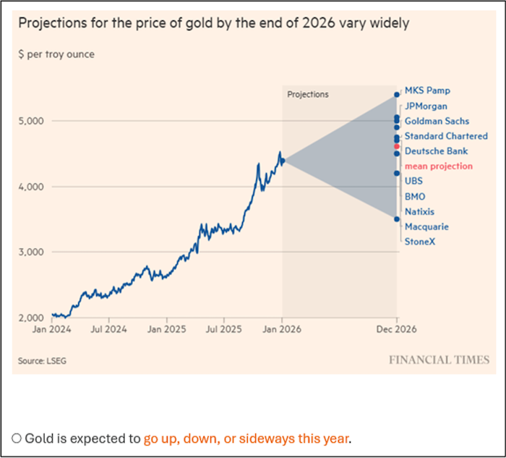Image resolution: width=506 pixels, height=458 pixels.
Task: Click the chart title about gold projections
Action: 213,23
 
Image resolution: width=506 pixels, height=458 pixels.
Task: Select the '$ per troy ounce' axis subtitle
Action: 56,54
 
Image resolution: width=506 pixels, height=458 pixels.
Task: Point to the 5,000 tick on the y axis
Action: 30,121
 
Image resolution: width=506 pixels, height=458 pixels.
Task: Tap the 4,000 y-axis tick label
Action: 30,187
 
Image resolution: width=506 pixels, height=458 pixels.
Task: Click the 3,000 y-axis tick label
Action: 30,252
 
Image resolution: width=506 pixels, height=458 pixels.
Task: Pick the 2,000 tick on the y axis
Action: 30,318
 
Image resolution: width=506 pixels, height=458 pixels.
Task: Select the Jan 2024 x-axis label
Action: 51,328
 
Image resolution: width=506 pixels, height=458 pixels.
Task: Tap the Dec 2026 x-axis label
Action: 397,328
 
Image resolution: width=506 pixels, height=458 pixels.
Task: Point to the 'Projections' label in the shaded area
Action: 308,94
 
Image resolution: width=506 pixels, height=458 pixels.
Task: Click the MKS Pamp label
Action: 427,91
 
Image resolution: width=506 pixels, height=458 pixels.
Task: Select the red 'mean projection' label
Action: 438,166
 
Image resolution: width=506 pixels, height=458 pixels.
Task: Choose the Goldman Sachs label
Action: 437,122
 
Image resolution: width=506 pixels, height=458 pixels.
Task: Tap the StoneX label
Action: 420,241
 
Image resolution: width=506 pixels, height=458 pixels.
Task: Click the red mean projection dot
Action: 396,146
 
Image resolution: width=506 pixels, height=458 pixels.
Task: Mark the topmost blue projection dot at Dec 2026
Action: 396,94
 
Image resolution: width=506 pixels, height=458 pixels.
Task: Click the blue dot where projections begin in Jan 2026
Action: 283,161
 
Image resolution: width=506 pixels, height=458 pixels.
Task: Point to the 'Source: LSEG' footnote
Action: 37,360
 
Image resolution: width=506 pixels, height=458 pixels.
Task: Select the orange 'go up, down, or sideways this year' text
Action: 246,438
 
